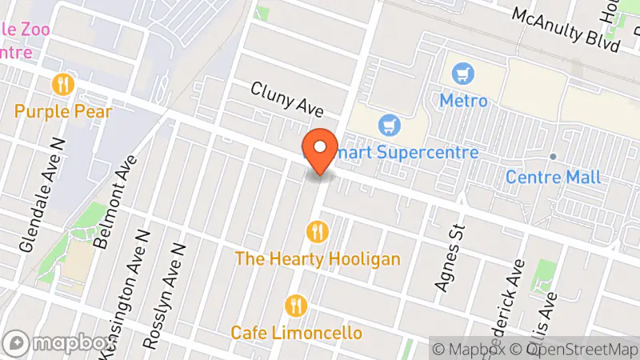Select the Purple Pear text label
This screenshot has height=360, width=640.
(63, 111)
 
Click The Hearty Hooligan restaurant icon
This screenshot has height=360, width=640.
(318, 232)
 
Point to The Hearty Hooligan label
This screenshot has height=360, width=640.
(318, 259)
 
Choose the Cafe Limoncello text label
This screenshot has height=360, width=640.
(296, 333)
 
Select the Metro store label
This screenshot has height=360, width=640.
(463, 102)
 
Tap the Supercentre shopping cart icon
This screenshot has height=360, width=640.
(389, 125)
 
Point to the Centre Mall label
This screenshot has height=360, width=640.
(553, 177)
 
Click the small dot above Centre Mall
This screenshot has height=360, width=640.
(553, 156)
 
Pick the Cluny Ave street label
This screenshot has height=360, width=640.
(279, 99)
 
